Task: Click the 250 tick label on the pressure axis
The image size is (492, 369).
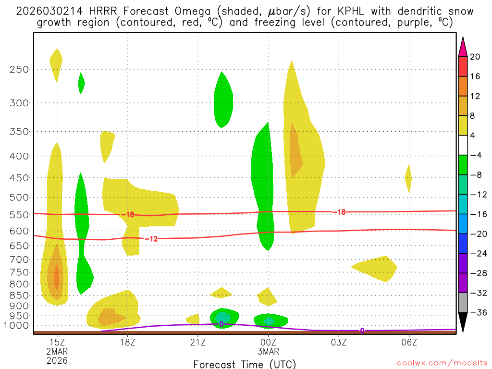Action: click(x=19, y=69)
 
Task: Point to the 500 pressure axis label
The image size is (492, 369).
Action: click(x=19, y=197)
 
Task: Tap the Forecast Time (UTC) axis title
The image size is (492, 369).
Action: click(x=245, y=364)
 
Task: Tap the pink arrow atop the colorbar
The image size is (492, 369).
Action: click(x=463, y=47)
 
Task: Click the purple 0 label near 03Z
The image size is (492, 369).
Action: click(x=362, y=331)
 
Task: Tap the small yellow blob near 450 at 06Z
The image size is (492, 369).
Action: click(x=408, y=178)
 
